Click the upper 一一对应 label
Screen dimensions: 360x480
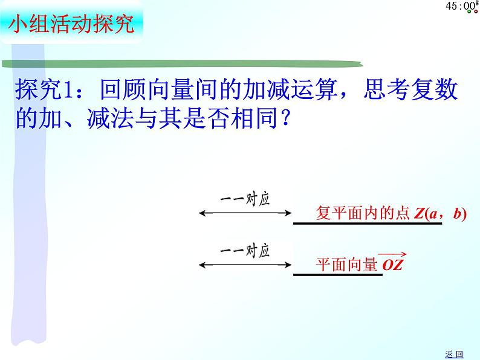coord(244,199)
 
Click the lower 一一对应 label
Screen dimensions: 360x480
coord(244,251)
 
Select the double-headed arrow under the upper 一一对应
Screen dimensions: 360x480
coord(244,213)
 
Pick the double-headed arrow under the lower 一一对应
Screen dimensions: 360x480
coord(244,264)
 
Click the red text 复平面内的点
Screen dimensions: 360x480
coord(363,213)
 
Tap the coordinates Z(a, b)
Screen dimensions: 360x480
coord(441,213)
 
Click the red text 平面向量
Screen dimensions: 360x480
coord(347,264)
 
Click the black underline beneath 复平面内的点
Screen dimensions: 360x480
coord(368,223)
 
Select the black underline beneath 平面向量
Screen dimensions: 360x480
coord(337,275)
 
